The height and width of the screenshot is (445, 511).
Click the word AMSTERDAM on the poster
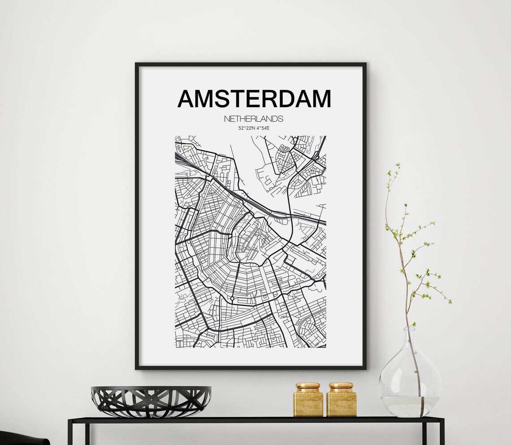tap(254, 99)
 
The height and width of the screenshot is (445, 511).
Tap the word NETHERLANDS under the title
tap(254, 119)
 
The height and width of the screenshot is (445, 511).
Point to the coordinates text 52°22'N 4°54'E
tap(254, 128)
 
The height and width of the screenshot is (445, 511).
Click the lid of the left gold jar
tap(308, 386)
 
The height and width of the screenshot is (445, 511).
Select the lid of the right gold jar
tap(341, 386)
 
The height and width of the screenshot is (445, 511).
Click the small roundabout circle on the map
tap(232, 298)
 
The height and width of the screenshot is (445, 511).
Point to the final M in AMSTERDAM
tap(320, 99)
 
